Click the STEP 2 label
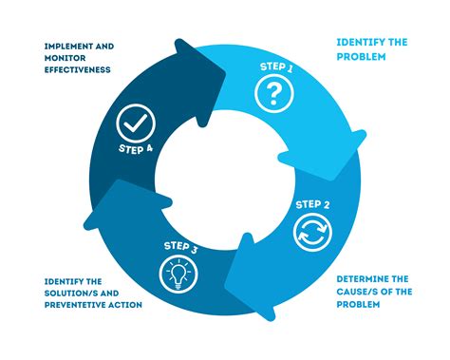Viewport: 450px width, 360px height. pyautogui.click(x=312, y=203)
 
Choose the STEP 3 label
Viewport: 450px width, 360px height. pyautogui.click(x=179, y=249)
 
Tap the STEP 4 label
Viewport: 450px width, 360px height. pyautogui.click(x=136, y=149)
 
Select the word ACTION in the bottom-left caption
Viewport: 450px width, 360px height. pyautogui.click(x=122, y=304)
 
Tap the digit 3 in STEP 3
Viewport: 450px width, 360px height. pyautogui.click(x=196, y=249)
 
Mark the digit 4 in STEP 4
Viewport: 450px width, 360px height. pyautogui.click(x=151, y=149)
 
